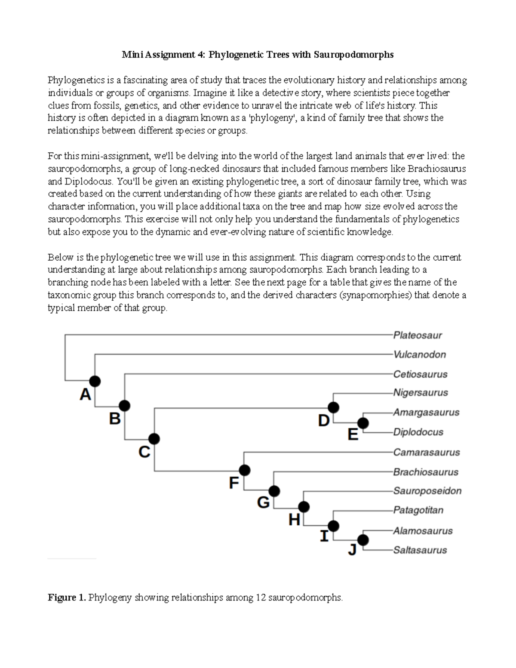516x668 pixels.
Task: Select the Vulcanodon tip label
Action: [420, 354]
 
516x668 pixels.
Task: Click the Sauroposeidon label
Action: [427, 491]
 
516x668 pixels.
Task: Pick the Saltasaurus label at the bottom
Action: [420, 550]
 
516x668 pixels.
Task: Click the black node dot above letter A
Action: [95, 381]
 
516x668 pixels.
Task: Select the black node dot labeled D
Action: [333, 407]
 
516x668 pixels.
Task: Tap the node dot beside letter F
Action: [244, 470]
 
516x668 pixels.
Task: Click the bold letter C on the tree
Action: [144, 452]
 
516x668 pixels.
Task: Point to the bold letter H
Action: [294, 520]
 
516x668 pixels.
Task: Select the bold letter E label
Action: [353, 435]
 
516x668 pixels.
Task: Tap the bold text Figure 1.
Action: [67, 597]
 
